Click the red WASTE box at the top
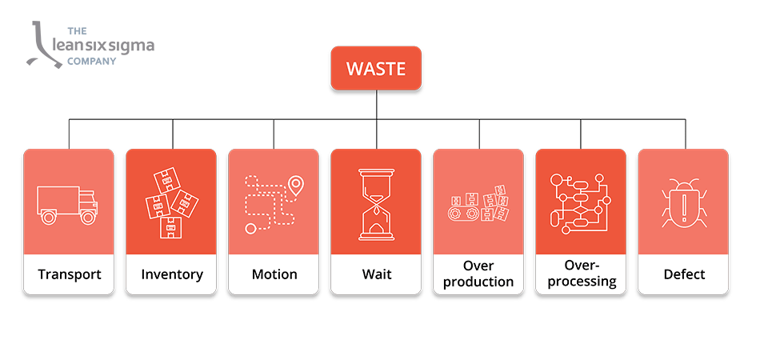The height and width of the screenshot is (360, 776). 376,69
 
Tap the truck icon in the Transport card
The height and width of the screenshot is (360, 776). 68,204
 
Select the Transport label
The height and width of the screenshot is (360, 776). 70,274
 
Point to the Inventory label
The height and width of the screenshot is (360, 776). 172,274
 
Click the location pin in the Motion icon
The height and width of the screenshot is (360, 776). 296,186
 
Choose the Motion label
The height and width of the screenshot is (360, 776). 274,274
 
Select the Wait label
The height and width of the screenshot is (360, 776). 376,274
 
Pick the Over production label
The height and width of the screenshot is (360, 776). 478,274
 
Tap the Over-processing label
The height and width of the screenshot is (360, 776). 581,274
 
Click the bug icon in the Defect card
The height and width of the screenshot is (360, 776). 683,203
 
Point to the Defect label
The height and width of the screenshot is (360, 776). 683,274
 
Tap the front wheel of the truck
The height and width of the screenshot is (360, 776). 88,216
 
